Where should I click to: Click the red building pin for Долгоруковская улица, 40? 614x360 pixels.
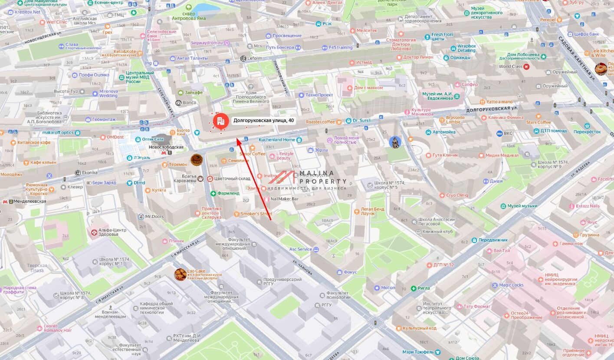tap(220, 120)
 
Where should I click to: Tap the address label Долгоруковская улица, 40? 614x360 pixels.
tap(263, 121)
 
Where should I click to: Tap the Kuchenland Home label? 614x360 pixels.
tap(277, 140)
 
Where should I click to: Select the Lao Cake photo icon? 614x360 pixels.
tap(180, 274)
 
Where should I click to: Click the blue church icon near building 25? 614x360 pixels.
tap(394, 142)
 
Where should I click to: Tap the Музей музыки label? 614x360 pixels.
tap(522, 206)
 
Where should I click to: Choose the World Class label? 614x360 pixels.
tap(511, 66)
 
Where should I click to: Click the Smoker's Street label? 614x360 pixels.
tap(256, 214)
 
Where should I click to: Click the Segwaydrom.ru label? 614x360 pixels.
tap(207, 43)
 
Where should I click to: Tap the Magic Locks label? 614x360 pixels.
tap(511, 285)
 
